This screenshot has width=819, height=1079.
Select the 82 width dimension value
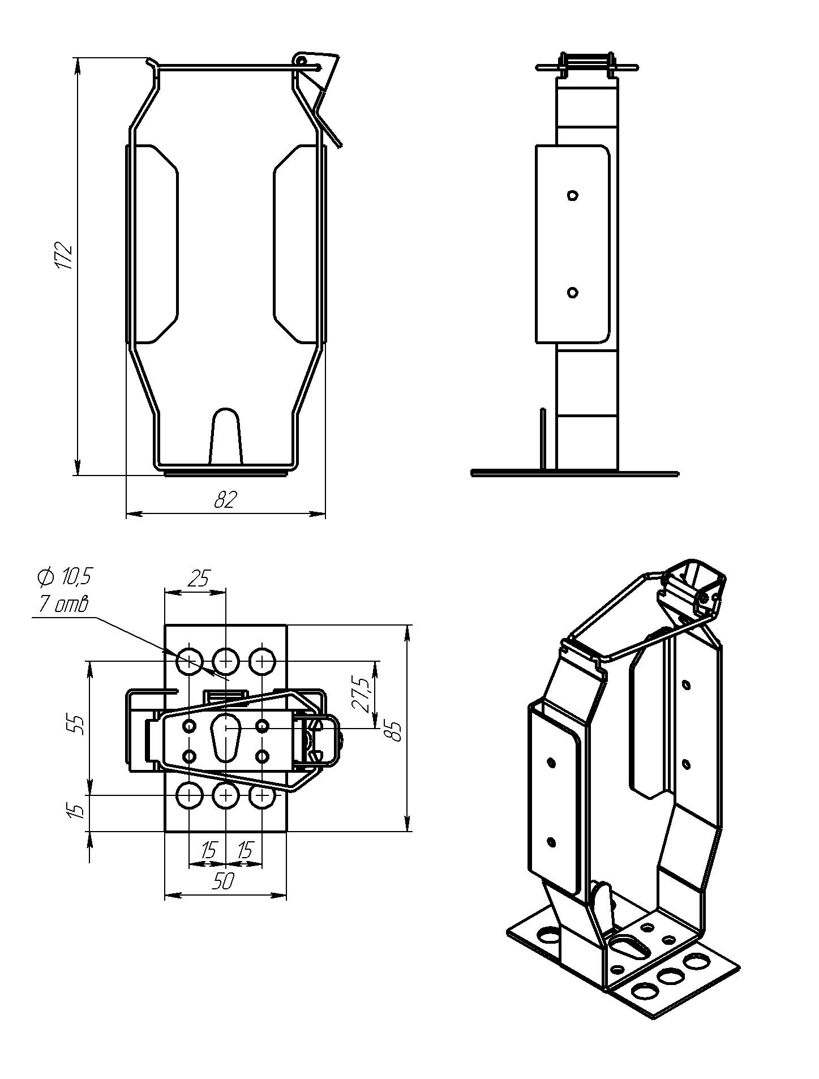pos(225,499)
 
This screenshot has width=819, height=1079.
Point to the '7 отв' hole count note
pos(63,605)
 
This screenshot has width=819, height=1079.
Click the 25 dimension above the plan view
pos(198,579)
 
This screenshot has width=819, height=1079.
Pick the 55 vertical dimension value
pos(79,725)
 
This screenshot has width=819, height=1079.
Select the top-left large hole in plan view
pos(190,661)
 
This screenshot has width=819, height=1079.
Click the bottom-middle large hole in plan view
pos(225,796)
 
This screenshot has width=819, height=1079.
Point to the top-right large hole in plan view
pos(262,661)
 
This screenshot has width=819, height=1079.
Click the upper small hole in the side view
pos(573,196)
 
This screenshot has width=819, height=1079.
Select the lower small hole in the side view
pos(572,293)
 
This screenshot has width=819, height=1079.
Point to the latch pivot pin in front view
pos(301,59)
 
